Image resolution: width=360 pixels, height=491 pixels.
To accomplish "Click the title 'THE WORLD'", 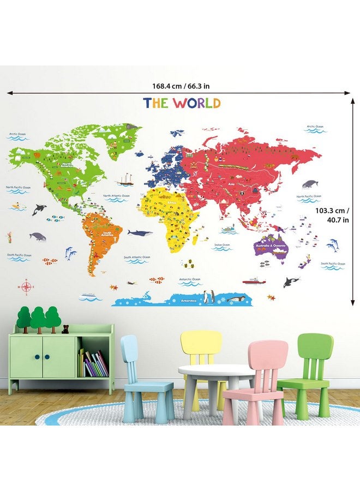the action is click(182, 103).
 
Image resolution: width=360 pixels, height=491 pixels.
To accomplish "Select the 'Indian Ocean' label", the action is click(222, 245).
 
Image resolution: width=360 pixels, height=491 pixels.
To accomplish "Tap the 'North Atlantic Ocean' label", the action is click(116, 195).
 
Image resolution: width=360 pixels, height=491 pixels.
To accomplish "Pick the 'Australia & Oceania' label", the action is click(269, 246).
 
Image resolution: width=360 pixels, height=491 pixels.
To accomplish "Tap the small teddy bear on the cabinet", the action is click(65, 328).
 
